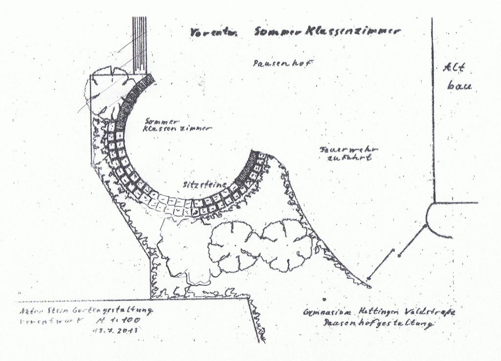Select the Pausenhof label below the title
pyautogui.click(x=283, y=63)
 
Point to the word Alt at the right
pyautogui.click(x=453, y=68)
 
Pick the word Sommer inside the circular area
pyautogui.click(x=162, y=120)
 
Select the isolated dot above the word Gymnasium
pyautogui.click(x=324, y=298)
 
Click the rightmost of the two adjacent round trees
pyautogui.click(x=286, y=245)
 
